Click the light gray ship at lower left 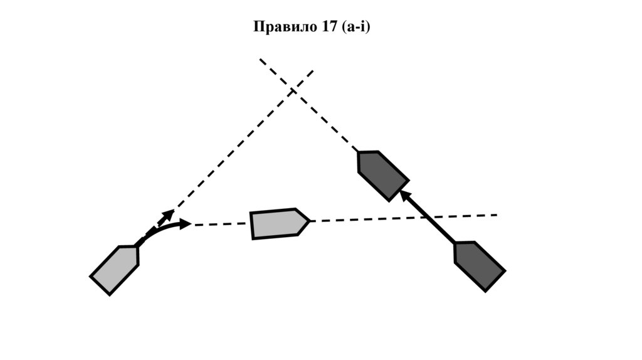click(115, 269)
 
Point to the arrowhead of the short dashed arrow click(168, 214)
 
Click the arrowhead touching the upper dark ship click(406, 196)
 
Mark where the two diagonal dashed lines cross click(293, 91)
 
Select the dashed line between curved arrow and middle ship click(219, 224)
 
